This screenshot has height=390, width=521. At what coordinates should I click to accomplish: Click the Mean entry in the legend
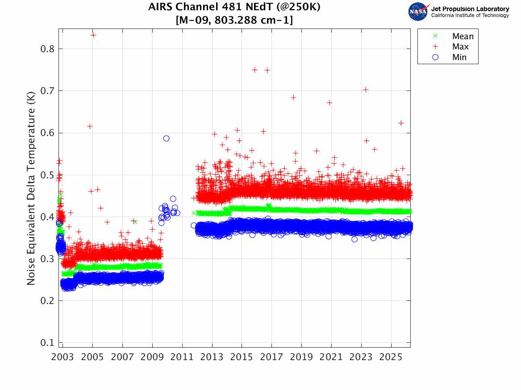click(462, 36)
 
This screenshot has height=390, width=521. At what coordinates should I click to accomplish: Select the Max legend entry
click(460, 47)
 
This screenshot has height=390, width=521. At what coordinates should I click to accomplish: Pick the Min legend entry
click(459, 57)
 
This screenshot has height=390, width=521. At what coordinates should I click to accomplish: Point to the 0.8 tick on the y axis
click(46, 49)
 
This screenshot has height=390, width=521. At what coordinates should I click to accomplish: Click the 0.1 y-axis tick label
click(46, 343)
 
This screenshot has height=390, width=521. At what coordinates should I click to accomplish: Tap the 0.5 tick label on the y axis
click(46, 175)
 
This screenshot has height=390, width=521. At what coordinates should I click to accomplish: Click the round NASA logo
click(418, 12)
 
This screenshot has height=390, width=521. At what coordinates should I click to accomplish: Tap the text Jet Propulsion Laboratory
click(470, 8)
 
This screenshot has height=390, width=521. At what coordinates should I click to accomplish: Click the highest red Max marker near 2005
click(93, 35)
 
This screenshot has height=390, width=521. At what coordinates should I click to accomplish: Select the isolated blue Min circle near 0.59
click(166, 139)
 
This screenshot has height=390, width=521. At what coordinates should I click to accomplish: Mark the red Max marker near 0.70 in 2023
click(366, 90)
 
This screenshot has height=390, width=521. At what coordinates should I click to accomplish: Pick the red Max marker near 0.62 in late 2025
click(401, 123)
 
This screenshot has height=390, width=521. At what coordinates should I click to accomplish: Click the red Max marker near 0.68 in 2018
click(293, 97)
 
